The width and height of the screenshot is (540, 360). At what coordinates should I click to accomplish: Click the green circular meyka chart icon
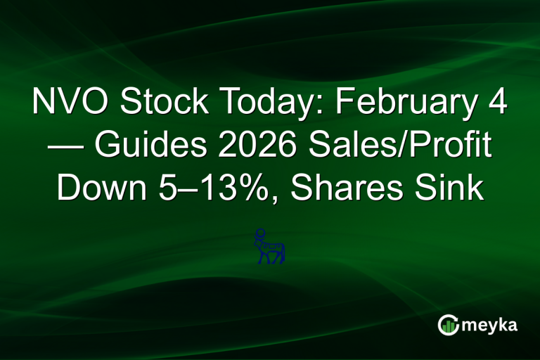[447, 324]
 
